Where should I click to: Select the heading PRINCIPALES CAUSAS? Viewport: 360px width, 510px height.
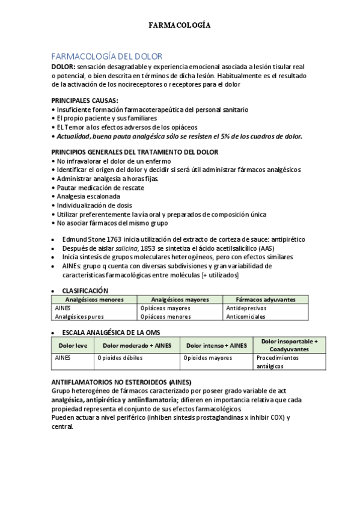tap(85, 101)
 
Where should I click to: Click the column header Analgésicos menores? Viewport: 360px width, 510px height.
tap(94, 299)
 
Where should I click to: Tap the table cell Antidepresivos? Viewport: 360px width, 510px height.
tap(246, 307)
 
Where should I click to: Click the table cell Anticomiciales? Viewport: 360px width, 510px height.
tap(246, 316)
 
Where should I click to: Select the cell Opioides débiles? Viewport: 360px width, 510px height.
tap(120, 357)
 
